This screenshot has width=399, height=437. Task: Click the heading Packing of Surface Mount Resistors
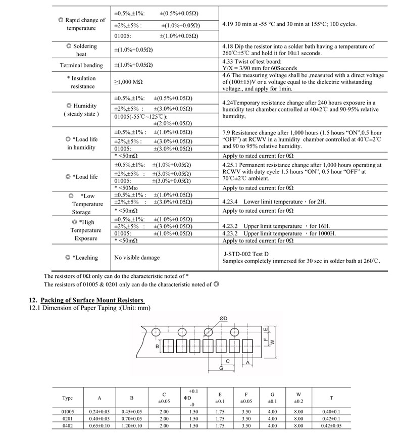click(x=92, y=300)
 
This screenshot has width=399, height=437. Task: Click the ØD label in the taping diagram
click(x=223, y=318)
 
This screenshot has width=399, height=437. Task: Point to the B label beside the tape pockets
click(x=157, y=346)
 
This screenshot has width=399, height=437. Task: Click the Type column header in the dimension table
click(x=67, y=398)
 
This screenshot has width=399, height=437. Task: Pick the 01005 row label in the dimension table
click(x=67, y=412)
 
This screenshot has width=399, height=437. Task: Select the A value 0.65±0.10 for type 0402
click(x=99, y=426)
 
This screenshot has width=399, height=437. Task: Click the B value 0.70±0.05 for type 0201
click(x=132, y=419)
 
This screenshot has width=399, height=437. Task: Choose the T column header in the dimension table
click(x=331, y=398)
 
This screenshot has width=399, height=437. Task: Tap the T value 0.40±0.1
click(x=331, y=412)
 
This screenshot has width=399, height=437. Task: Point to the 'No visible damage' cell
click(x=137, y=258)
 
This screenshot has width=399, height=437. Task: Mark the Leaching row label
click(x=81, y=258)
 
